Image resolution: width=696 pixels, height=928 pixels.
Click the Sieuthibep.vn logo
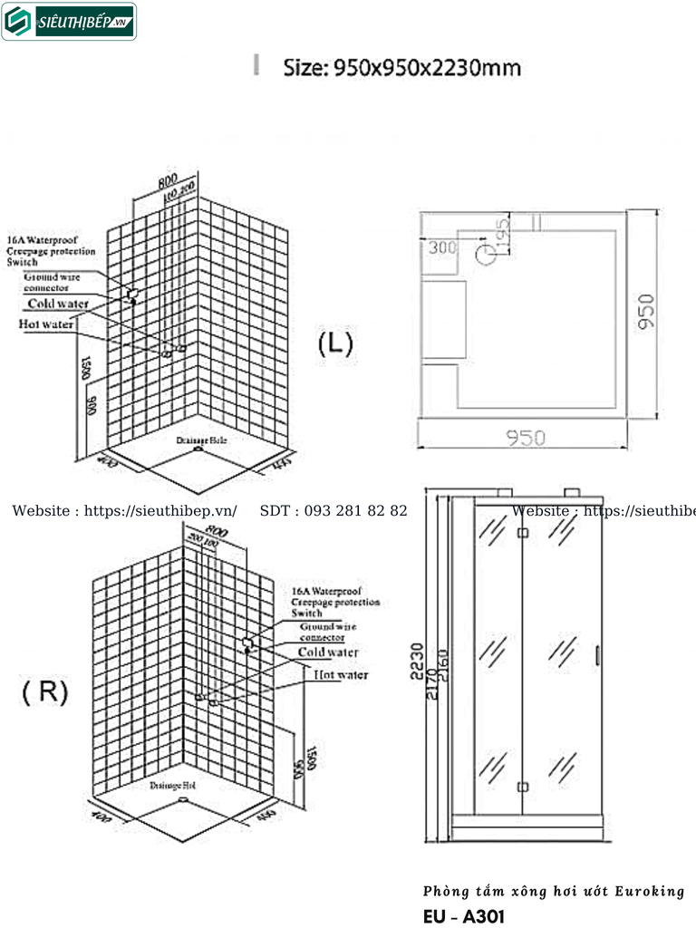pyautogui.click(x=69, y=22)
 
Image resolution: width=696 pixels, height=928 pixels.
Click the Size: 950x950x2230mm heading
pyautogui.click(x=401, y=68)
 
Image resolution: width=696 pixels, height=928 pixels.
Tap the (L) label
pyautogui.click(x=335, y=343)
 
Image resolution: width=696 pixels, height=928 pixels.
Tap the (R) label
pyautogui.click(x=45, y=692)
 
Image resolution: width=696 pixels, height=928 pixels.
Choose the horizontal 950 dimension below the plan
pyautogui.click(x=526, y=438)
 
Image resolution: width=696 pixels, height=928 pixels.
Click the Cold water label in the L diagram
pyautogui.click(x=58, y=304)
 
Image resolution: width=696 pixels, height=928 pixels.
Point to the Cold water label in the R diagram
pyautogui.click(x=328, y=652)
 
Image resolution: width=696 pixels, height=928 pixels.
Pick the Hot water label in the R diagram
pyautogui.click(x=341, y=675)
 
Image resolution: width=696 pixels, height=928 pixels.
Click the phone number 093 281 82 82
pyautogui.click(x=333, y=511)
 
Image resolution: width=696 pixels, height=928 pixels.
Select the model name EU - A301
pyautogui.click(x=463, y=916)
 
